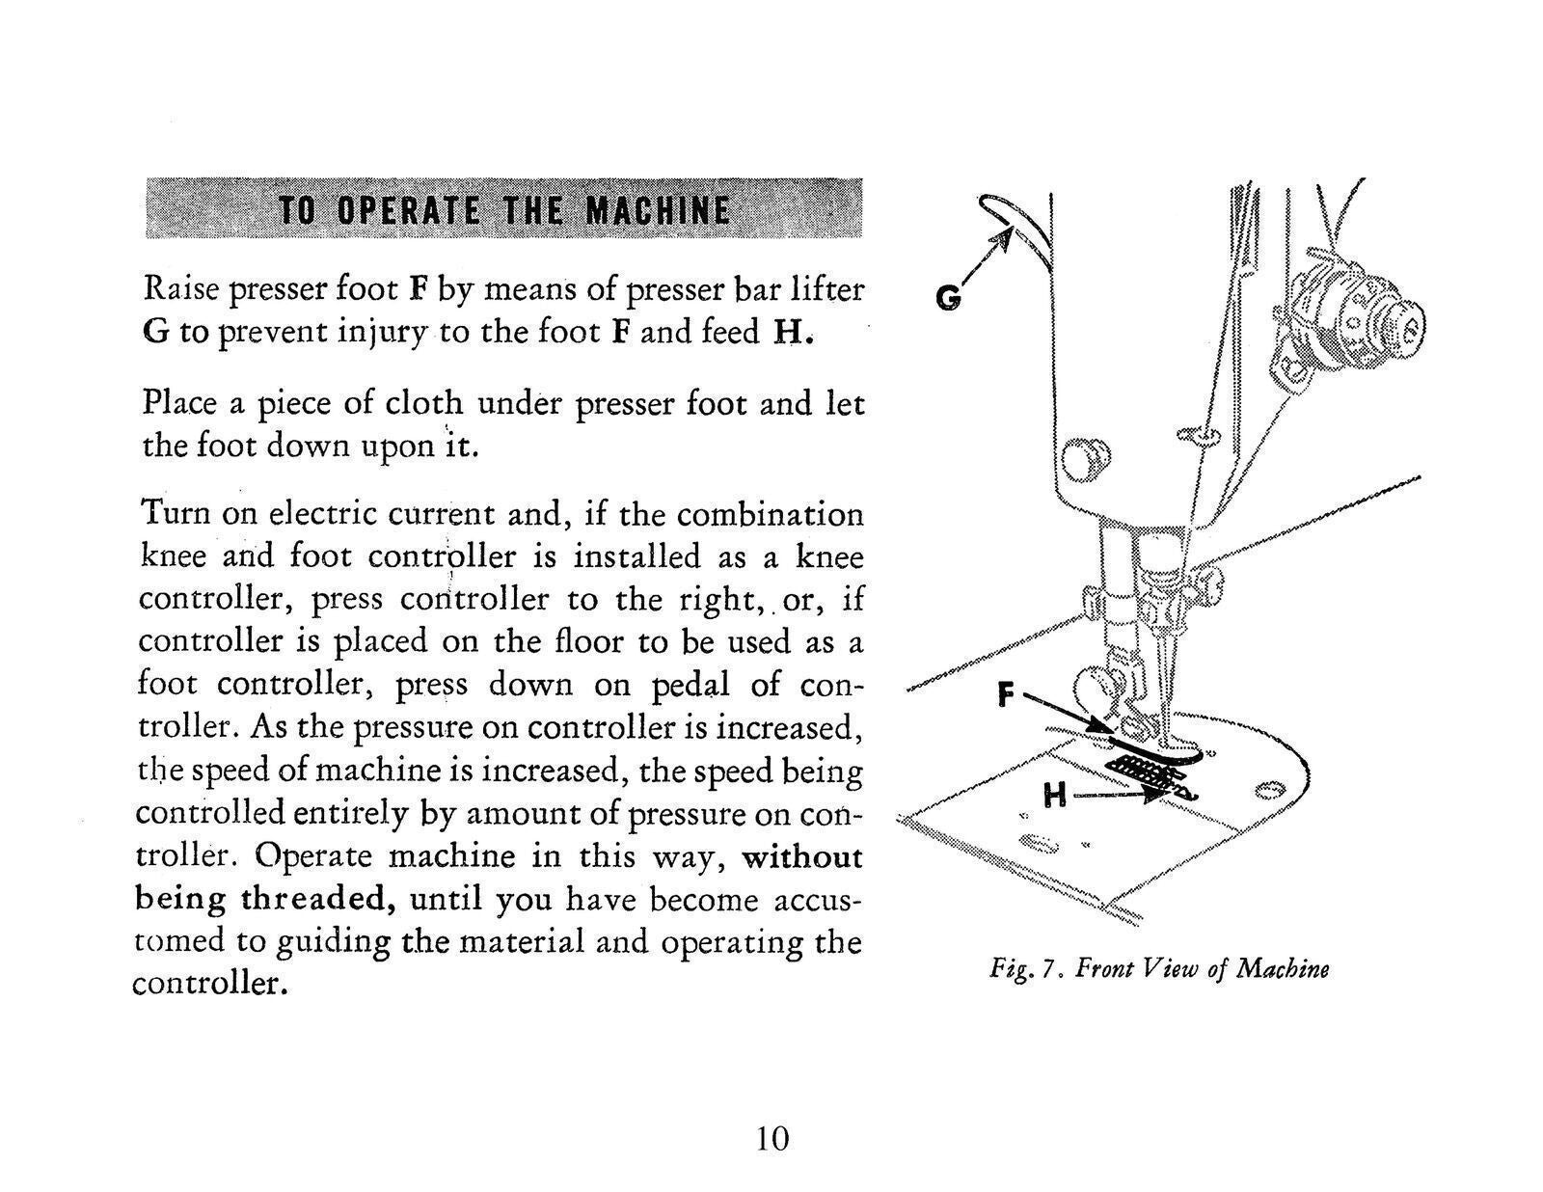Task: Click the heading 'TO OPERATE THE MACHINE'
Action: click(x=503, y=209)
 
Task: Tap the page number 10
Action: click(x=771, y=1138)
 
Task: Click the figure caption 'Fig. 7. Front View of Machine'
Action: click(x=1158, y=967)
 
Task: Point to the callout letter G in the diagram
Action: click(x=948, y=299)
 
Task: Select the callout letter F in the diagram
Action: click(x=1005, y=692)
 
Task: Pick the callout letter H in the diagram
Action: click(x=1055, y=797)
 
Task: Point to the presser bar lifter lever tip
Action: click(x=993, y=204)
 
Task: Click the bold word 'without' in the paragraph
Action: click(x=801, y=856)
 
